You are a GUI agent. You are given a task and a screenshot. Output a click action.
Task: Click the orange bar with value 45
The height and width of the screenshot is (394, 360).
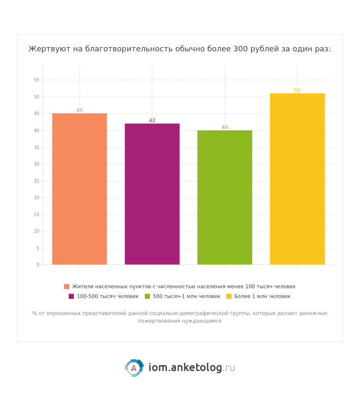coord(79,189)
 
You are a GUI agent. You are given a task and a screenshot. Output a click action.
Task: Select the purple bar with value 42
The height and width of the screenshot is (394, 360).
coord(152,194)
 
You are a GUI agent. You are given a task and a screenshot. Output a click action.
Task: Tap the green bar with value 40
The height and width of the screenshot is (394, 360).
coord(225,197)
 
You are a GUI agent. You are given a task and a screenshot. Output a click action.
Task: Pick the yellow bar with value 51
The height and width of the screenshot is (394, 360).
coord(297,179)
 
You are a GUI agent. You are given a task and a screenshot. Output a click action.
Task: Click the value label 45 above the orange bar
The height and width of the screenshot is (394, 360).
coord(79,110)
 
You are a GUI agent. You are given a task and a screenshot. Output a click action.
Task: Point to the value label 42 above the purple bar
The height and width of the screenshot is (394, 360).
coord(152,121)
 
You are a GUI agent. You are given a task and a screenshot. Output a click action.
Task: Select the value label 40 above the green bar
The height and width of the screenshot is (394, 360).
coord(225,127)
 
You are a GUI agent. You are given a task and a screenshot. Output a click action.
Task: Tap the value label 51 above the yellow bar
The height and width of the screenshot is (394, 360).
coord(297,90)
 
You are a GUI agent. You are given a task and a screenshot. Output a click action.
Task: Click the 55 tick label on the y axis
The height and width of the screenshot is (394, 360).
coord(37,80)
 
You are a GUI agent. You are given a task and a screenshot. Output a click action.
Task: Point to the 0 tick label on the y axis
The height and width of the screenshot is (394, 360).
coord(38,265)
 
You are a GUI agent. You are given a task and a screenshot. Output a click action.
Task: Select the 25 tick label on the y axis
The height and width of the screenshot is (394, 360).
coord(37,181)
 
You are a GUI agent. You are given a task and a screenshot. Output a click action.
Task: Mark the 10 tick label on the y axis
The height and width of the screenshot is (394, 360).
coord(37,231)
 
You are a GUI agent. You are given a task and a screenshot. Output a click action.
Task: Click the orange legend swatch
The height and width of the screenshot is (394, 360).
coord(67,287)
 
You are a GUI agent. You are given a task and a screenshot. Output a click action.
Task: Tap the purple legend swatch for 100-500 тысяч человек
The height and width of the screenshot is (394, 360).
coord(71,296)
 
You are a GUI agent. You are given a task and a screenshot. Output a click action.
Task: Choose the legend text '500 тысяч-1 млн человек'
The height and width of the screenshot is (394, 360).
coord(186,296)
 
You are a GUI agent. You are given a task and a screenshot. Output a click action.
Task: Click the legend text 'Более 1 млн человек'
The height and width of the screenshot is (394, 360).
coord(262,296)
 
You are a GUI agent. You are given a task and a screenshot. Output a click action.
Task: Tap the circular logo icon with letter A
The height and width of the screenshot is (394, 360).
coord(134,368)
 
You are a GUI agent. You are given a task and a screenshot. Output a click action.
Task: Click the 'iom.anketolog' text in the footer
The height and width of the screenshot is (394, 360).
coord(185,368)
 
